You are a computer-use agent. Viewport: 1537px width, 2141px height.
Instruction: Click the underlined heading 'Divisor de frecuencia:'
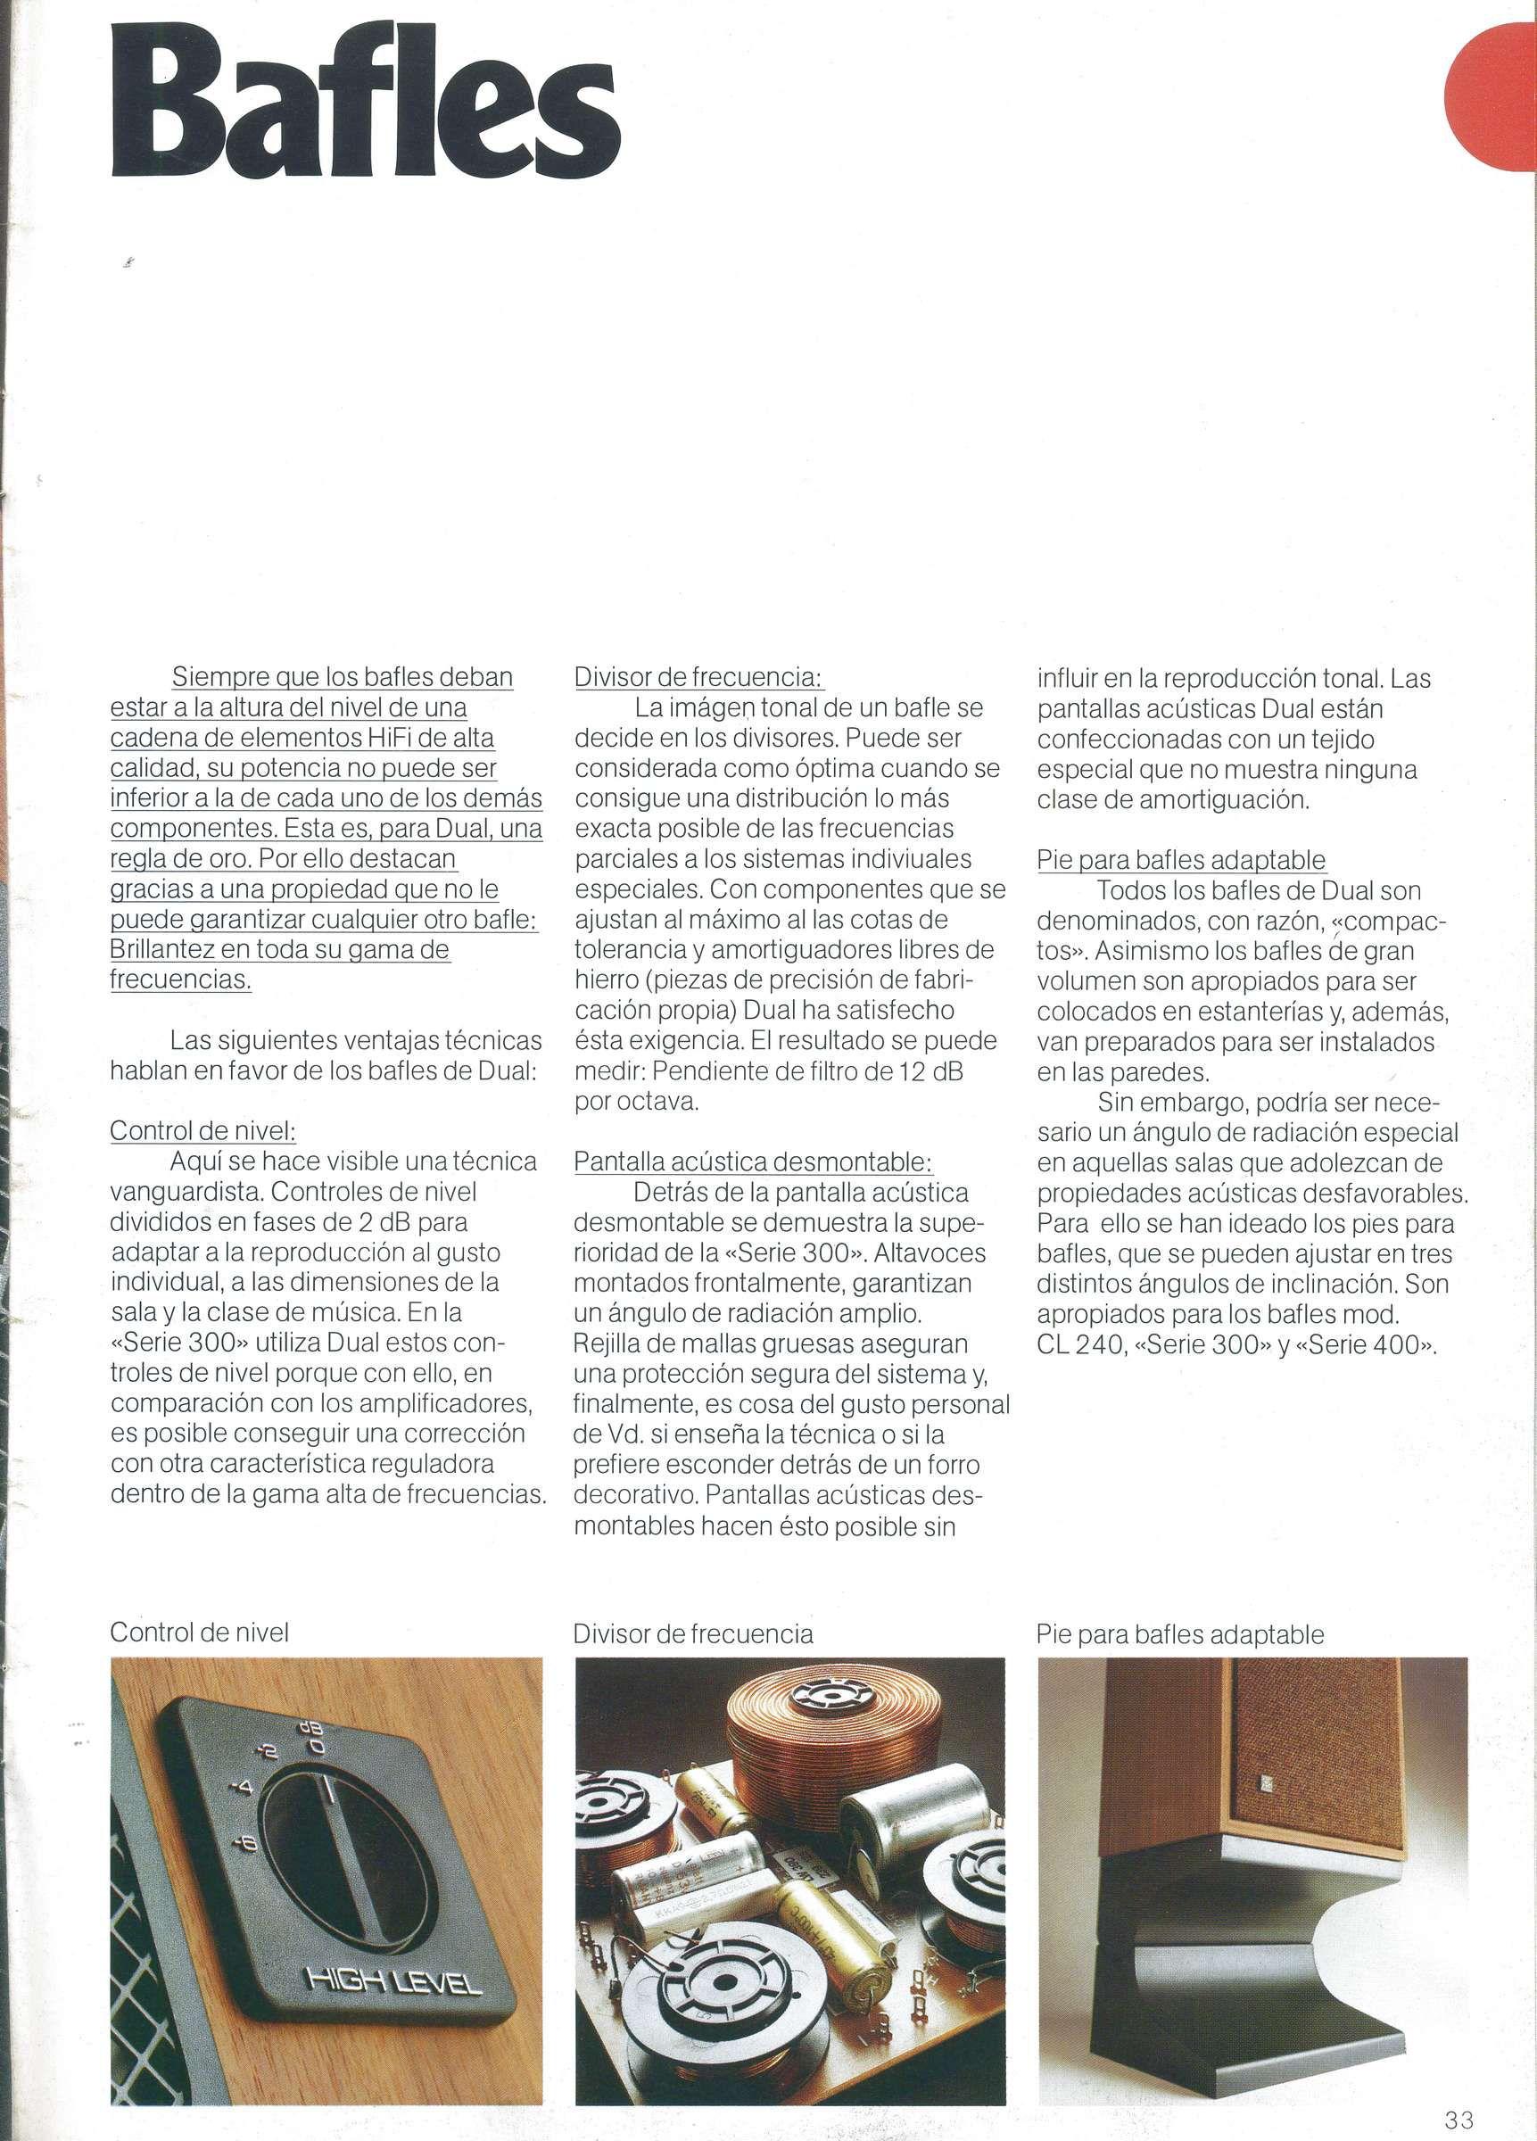click(698, 677)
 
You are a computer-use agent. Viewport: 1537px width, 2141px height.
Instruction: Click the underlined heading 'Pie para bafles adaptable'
click(1180, 860)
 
